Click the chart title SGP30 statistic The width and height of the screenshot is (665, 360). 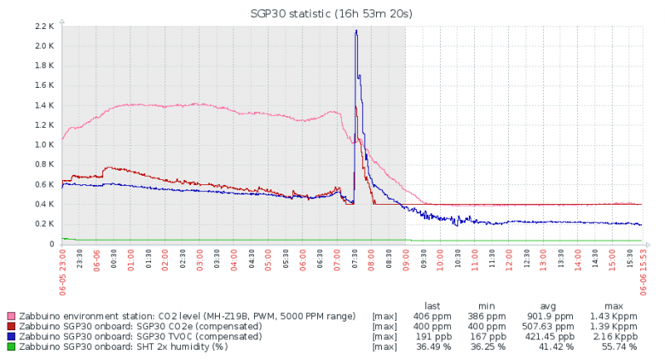coord(332,13)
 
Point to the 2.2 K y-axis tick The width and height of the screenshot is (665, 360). coord(44,26)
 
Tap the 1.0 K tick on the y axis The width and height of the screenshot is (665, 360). coord(44,145)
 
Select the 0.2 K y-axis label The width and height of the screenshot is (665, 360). coord(44,224)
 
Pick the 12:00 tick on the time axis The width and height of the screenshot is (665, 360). coord(509,259)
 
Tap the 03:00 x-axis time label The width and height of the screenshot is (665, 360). coord(199,259)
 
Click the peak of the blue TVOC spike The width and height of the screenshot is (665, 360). coord(356,31)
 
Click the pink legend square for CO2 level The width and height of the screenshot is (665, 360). coord(11,316)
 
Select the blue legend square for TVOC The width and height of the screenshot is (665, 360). coord(11,336)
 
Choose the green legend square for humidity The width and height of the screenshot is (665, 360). coord(11,346)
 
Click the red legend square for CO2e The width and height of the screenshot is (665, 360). coord(11,327)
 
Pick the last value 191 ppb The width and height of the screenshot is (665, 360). coord(437,336)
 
